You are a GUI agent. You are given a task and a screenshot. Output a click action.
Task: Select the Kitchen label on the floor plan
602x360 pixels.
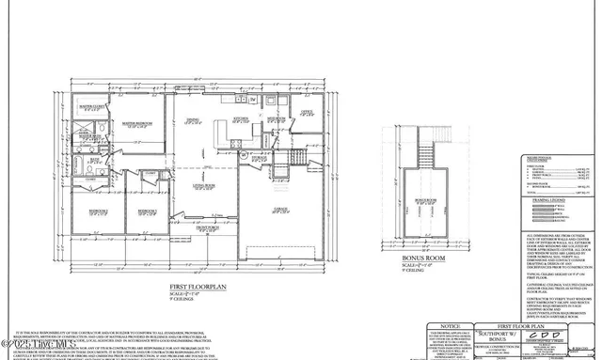[x=242, y=119]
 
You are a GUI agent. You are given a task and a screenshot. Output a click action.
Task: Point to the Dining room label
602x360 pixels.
[x=193, y=119]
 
